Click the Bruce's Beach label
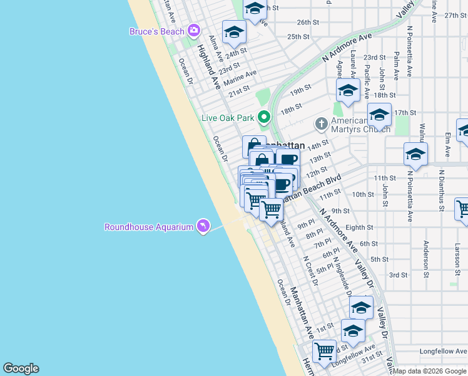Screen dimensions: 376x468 (x=156, y=31)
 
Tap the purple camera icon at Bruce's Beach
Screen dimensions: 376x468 (x=194, y=30)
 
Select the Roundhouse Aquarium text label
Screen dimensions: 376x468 (x=148, y=227)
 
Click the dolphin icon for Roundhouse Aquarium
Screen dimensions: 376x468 (x=202, y=226)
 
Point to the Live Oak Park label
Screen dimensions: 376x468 (x=228, y=118)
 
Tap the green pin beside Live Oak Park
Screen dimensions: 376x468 (x=265, y=117)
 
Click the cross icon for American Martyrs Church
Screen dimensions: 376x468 (x=321, y=123)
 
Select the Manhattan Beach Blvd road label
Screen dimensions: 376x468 (x=313, y=187)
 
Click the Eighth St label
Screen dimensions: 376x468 (x=359, y=228)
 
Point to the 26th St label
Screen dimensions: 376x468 (x=308, y=23)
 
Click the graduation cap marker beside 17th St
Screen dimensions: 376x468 (x=379, y=115)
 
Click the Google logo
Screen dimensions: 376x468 (x=21, y=368)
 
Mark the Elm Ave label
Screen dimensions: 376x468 (x=447, y=143)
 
